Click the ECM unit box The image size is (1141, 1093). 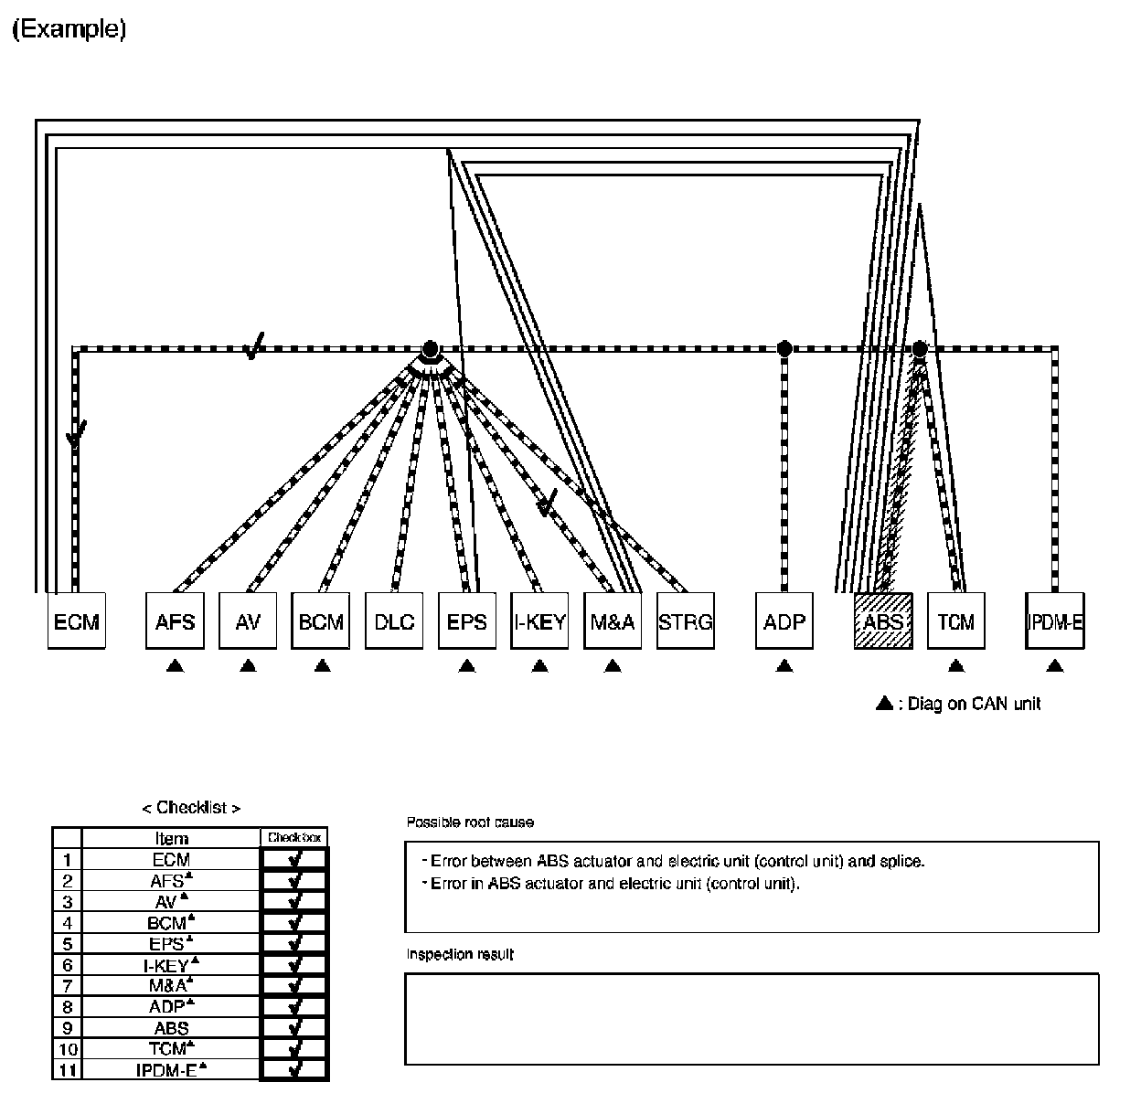tap(76, 622)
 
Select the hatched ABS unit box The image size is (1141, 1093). tap(883, 622)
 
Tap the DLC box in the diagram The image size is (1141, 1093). tap(394, 622)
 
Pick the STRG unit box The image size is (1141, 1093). tap(685, 622)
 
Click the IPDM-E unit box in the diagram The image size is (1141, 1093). tap(1055, 622)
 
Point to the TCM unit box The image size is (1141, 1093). tap(956, 622)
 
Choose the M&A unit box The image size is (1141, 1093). tap(613, 622)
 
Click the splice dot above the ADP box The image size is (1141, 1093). tap(784, 348)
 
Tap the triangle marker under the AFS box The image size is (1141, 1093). tap(176, 666)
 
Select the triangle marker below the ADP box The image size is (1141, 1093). tap(784, 666)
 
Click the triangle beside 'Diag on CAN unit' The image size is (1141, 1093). tap(884, 703)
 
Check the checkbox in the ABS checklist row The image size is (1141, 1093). tap(294, 1027)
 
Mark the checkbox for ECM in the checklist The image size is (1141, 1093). tap(294, 859)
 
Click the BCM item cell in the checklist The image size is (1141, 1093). tap(171, 923)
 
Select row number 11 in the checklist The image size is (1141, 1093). tap(67, 1070)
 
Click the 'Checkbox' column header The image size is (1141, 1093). tap(294, 837)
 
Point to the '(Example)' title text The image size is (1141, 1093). tap(69, 29)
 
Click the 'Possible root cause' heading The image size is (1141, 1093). tap(470, 822)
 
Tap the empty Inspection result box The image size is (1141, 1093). tap(752, 1018)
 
